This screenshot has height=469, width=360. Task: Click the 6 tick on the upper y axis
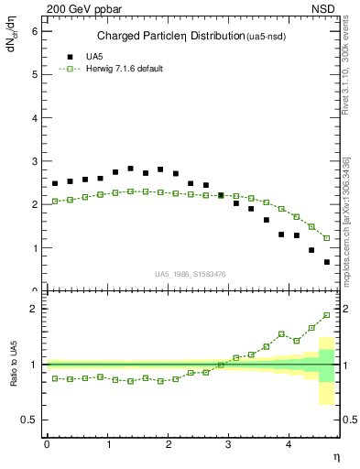pos(35,30)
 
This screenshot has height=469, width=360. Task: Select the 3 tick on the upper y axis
pos(35,161)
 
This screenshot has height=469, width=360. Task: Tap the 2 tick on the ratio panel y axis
pos(35,309)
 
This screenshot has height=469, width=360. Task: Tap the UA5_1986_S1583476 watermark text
pos(191,273)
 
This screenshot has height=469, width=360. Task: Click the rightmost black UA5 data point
pos(327,262)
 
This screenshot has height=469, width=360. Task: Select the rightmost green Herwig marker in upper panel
pos(327,238)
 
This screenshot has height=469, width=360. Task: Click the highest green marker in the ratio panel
pos(327,315)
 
